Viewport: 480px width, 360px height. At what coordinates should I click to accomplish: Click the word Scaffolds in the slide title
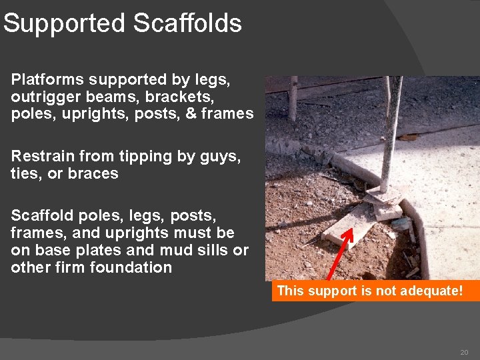187,23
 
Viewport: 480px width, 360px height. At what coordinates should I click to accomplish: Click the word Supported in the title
65,24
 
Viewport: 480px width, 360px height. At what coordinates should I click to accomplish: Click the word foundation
138,268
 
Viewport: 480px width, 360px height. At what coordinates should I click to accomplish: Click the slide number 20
464,351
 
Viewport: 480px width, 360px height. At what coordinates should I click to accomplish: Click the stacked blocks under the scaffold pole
385,200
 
